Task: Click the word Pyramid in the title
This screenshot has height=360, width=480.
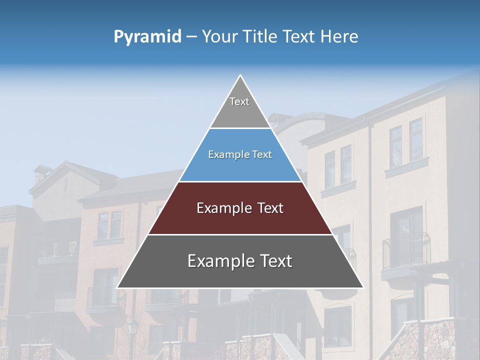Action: [147, 37]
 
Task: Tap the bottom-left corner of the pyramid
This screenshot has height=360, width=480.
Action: [118, 287]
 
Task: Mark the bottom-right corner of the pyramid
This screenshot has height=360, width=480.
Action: [362, 287]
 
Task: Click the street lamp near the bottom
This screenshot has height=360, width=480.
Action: [133, 330]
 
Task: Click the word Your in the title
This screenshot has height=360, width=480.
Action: [218, 36]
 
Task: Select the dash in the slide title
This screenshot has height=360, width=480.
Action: [191, 37]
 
